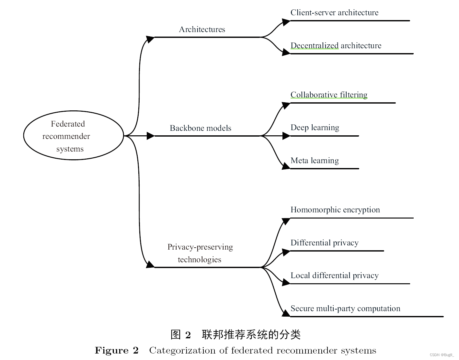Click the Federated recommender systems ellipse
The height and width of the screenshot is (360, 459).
(74, 136)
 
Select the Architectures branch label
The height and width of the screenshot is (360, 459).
(202, 29)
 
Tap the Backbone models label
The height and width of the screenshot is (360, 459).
(200, 128)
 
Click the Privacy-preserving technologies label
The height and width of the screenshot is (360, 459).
(200, 253)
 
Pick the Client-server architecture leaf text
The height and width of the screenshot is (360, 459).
(334, 13)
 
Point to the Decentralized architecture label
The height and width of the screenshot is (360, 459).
(336, 46)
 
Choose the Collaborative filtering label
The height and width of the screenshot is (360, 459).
(329, 95)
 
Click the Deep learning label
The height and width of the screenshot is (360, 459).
(315, 128)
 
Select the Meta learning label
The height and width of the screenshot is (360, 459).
(315, 161)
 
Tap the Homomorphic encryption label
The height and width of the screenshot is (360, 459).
(335, 210)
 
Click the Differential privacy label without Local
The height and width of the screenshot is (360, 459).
(324, 243)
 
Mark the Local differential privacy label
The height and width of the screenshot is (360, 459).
(334, 276)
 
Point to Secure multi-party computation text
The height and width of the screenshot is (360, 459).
(345, 309)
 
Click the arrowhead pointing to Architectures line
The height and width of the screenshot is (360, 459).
(150, 39)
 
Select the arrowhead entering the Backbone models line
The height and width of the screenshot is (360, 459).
(151, 136)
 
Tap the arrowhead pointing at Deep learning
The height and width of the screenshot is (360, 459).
(286, 136)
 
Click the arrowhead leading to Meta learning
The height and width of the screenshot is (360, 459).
(286, 166)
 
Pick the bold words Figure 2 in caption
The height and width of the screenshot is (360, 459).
(117, 351)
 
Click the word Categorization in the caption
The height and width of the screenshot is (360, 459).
(188, 351)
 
